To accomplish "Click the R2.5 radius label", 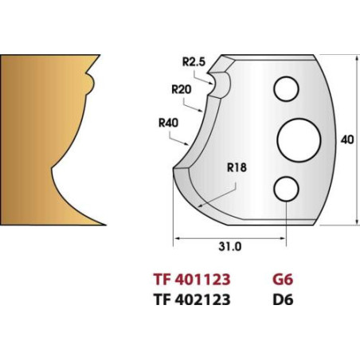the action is click(194, 62).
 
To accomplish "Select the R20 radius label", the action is click(182, 89).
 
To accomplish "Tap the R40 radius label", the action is click(168, 123).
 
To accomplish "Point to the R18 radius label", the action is click(237, 167).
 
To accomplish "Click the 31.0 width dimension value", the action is click(230, 247).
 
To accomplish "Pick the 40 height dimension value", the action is click(347, 139).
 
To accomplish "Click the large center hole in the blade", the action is click(299, 140).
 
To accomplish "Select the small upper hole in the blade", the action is click(287, 89).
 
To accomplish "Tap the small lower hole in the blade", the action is click(287, 189).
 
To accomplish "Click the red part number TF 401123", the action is click(192, 280).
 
